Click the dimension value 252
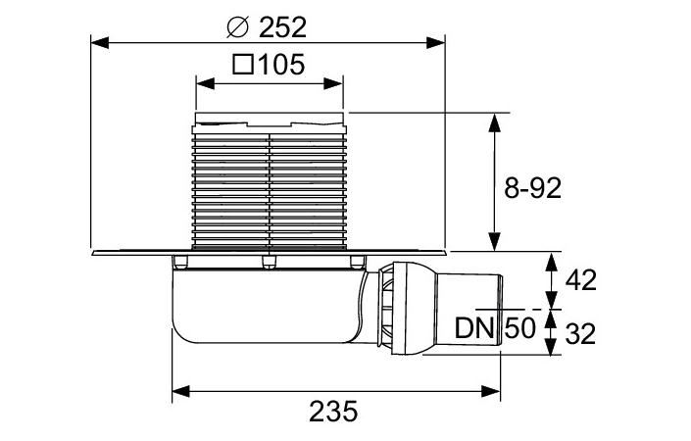(285, 23)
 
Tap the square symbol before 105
(244, 66)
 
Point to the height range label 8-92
(532, 189)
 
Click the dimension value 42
(582, 280)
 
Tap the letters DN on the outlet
(474, 327)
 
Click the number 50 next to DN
(520, 327)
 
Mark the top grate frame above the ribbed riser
(270, 122)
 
